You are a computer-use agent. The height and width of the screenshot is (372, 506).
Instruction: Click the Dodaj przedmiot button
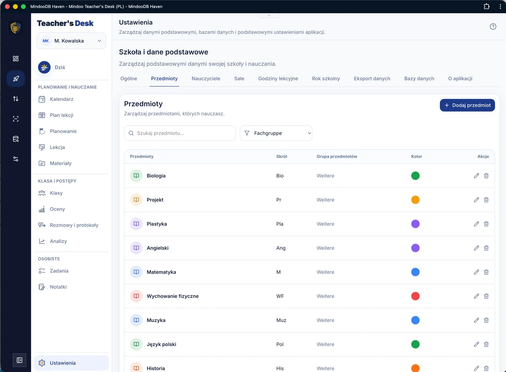467,105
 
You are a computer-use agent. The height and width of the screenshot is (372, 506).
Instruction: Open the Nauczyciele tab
206,78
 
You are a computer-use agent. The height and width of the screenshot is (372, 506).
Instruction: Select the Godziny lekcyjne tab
278,78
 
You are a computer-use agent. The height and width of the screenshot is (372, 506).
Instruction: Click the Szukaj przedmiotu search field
180,133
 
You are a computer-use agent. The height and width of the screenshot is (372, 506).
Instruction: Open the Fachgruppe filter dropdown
276,133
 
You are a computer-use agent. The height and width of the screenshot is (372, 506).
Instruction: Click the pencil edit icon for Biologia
476,176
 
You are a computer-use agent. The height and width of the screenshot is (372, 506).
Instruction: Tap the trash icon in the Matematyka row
486,272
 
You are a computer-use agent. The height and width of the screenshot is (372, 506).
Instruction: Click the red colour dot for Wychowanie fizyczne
415,296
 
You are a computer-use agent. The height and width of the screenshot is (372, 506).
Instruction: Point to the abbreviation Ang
281,248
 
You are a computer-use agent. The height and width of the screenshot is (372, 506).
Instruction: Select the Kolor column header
417,156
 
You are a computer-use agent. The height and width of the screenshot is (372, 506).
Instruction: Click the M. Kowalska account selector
71,41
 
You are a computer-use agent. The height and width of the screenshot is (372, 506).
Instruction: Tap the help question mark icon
493,27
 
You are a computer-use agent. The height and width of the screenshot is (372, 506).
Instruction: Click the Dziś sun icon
44,67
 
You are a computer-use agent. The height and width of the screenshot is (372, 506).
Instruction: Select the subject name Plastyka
157,224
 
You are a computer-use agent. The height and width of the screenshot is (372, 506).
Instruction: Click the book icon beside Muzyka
136,320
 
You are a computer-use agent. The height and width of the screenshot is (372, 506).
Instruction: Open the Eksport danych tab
372,78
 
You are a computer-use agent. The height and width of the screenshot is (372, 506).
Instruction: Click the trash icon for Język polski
486,344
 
